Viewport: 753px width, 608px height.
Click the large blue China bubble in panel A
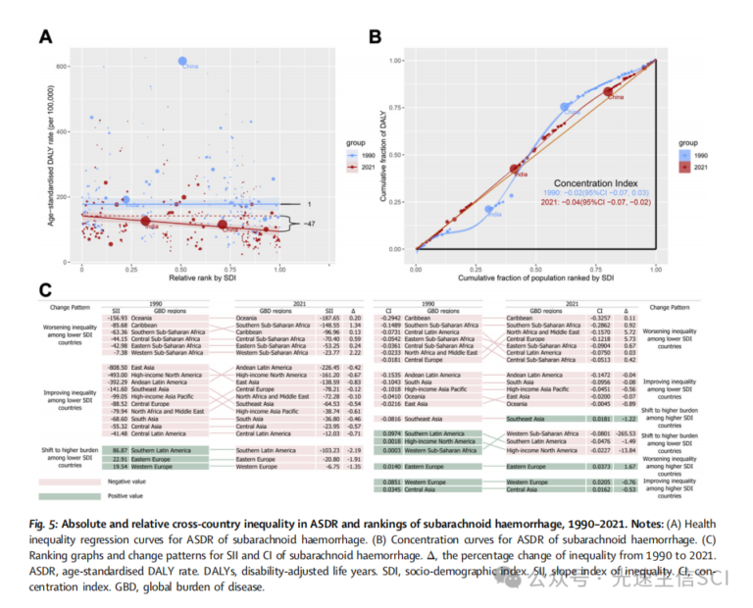(183, 61)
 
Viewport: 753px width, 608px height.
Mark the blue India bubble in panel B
(490, 209)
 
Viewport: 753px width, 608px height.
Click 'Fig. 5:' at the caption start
(53, 523)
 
